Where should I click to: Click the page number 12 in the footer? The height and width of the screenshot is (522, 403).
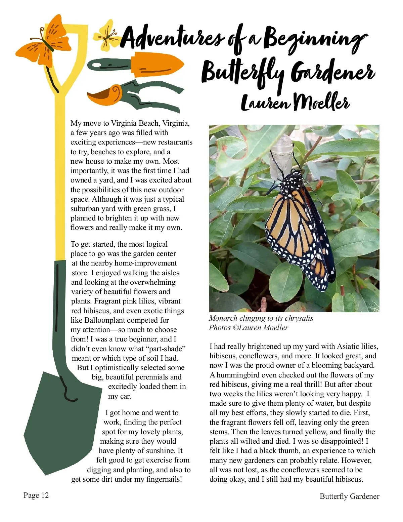click(x=45, y=495)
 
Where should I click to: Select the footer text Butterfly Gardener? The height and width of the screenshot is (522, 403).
click(x=349, y=496)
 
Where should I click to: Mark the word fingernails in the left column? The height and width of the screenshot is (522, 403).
click(x=164, y=479)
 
